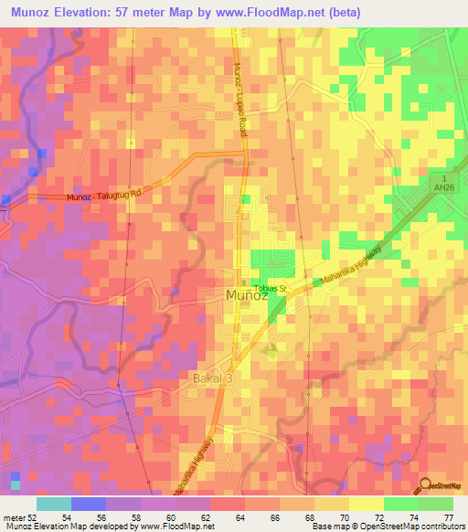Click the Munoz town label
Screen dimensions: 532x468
click(x=246, y=295)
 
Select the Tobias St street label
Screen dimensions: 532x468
click(x=271, y=289)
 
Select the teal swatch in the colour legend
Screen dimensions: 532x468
click(x=53, y=504)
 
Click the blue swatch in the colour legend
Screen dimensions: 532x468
click(x=88, y=504)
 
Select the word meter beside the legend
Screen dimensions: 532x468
click(x=12, y=518)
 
